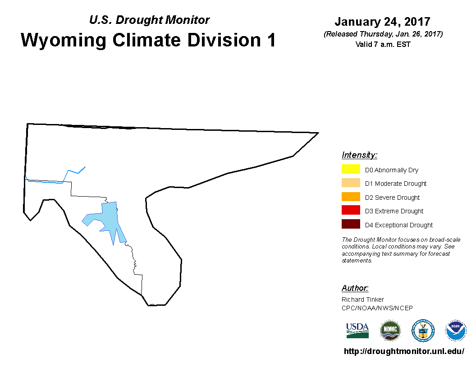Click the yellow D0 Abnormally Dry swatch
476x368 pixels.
coord(351,169)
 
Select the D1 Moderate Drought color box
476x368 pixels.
coord(351,183)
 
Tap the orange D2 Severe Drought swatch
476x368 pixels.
coord(351,197)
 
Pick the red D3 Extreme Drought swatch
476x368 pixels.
coord(351,210)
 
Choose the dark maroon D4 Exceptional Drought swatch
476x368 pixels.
coord(351,224)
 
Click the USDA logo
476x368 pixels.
coord(357,331)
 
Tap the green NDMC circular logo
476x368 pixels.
coord(390,331)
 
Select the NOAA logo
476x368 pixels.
coord(455,331)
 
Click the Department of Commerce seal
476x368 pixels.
coord(423,331)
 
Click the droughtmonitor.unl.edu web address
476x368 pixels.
coord(404,351)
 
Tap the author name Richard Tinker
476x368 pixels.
coord(363,299)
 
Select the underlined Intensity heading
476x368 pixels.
coord(359,155)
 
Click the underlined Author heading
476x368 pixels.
coord(355,288)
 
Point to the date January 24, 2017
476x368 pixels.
coord(383,22)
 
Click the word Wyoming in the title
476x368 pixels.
coord(64,41)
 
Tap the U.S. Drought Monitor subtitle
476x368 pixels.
coord(149,20)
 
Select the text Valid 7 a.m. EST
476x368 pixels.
coord(383,44)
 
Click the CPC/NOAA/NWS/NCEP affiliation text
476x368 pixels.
coord(377,308)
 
